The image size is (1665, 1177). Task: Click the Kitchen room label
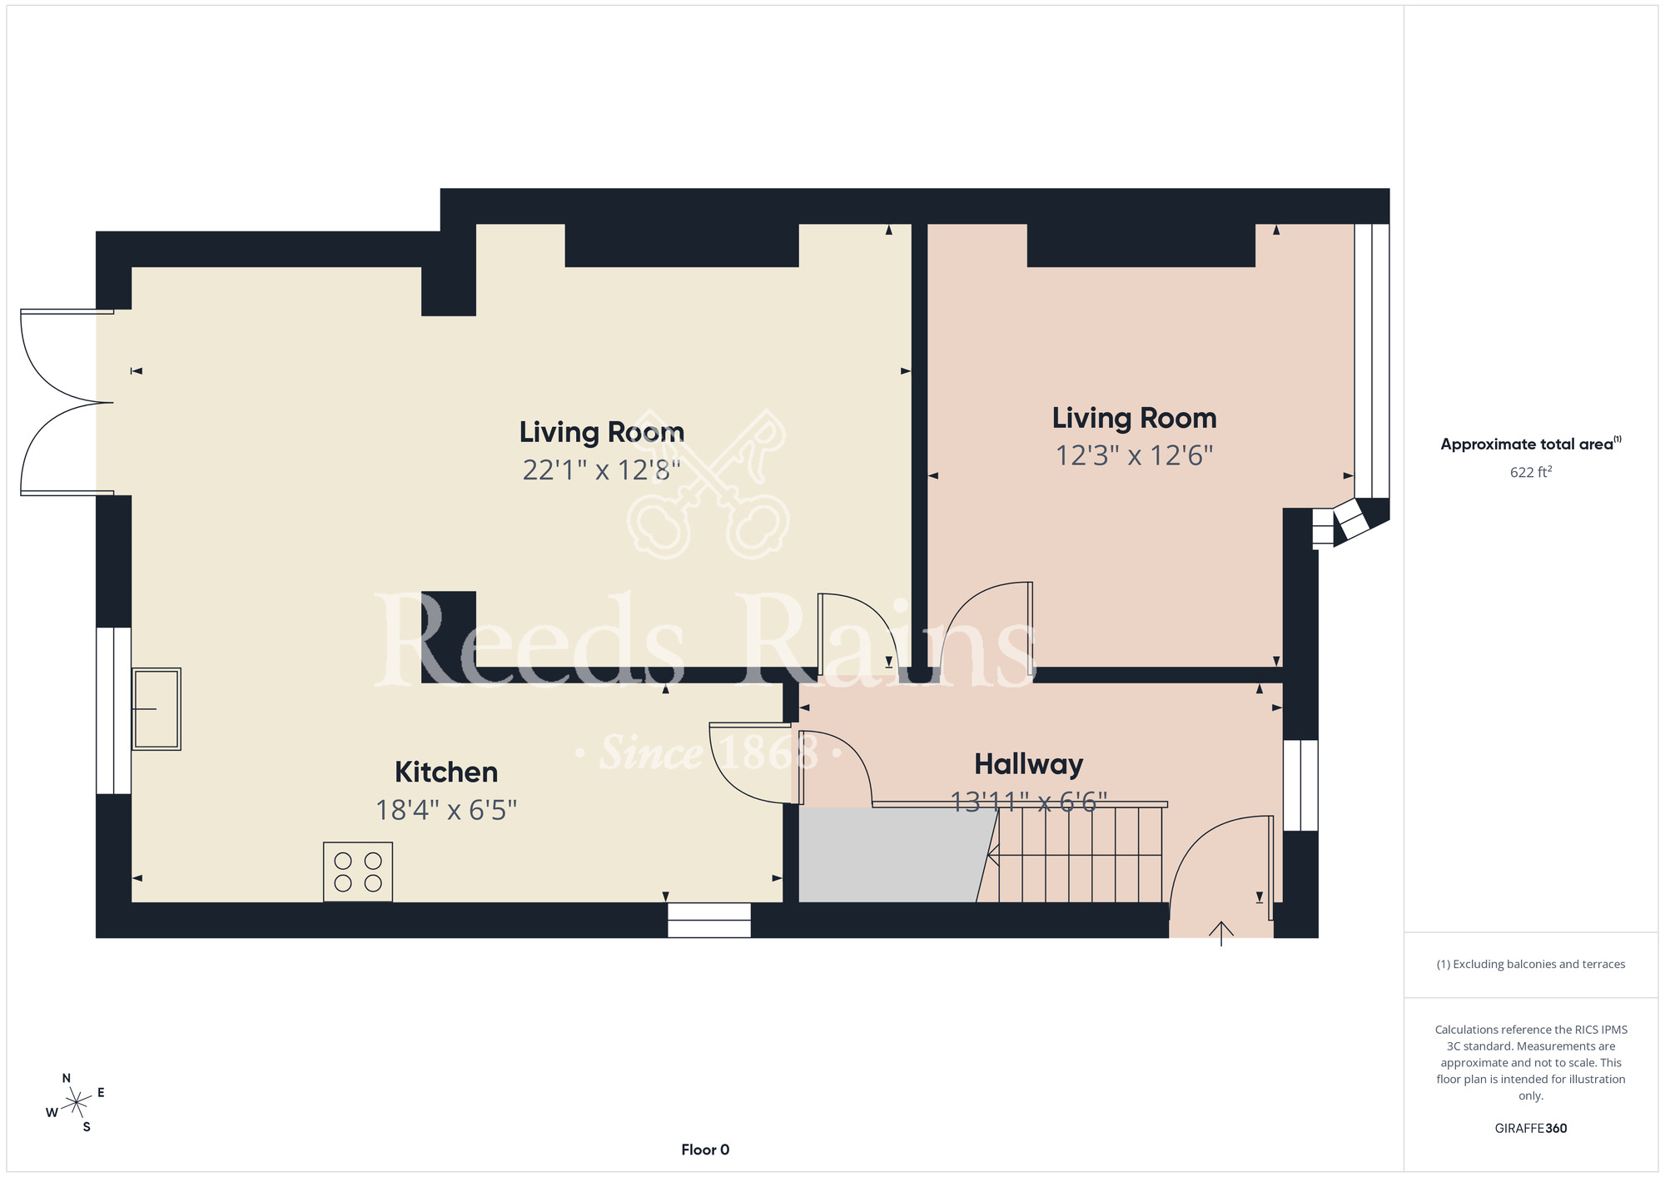coord(446,772)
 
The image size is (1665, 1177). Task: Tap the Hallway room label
coord(1029,764)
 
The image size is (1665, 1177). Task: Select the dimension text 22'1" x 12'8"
coord(602,470)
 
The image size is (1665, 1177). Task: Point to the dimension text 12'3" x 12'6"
coord(1135,455)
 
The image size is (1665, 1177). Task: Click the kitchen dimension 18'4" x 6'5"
coord(446,810)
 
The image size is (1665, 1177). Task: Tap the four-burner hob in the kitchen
coord(358,872)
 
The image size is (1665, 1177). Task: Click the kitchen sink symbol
coord(156,709)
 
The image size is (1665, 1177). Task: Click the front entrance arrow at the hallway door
coord(1221,933)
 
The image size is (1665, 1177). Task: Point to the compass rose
coord(76,1103)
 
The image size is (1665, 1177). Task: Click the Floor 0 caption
coord(705,1150)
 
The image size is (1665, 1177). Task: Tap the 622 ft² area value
coord(1531,472)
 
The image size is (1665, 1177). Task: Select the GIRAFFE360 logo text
coord(1531,1129)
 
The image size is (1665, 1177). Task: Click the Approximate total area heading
coord(1531,444)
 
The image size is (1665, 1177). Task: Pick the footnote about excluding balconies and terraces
coord(1531,964)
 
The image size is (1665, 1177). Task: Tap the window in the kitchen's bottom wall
coord(709,920)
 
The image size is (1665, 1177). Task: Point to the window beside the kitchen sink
coord(113,710)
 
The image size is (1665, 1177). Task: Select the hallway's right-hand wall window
coord(1300,785)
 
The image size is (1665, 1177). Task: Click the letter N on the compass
coord(67,1079)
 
